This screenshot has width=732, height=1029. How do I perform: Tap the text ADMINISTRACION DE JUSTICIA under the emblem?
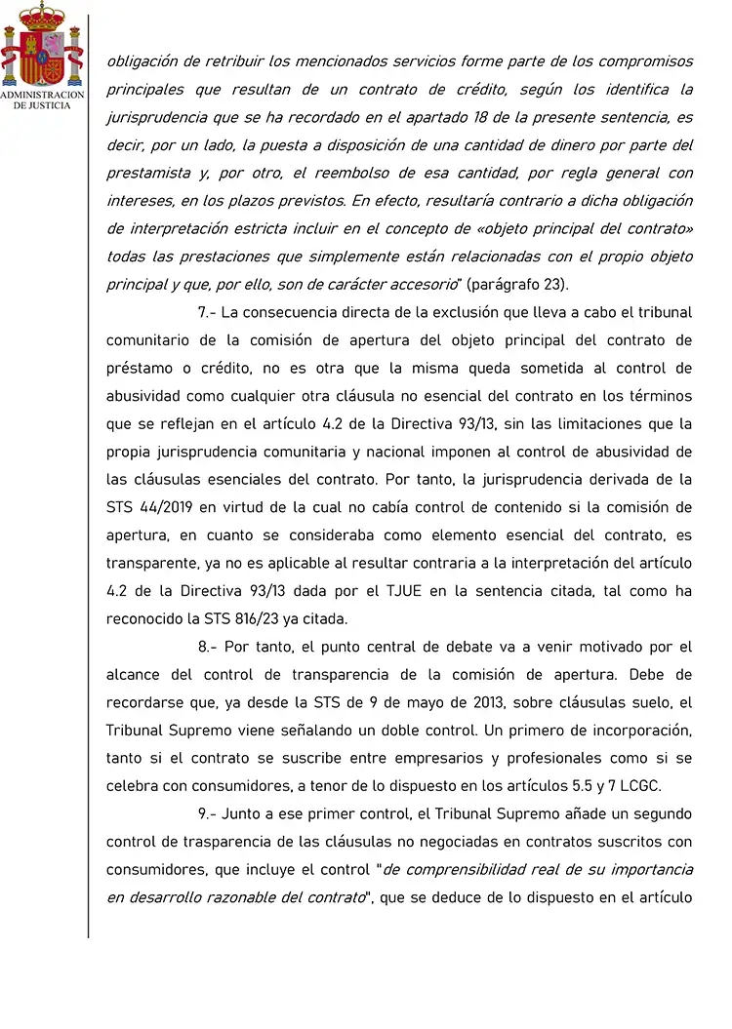(42, 99)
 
